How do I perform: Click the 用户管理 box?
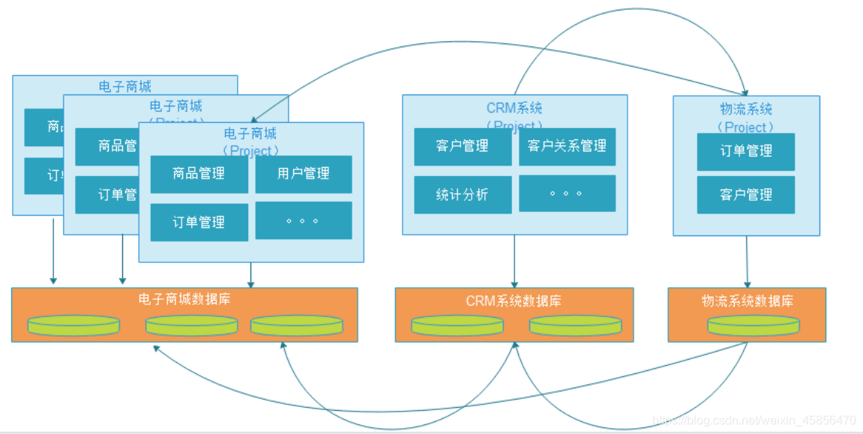click(x=303, y=174)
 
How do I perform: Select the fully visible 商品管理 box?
click(x=199, y=174)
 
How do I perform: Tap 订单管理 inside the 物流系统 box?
click(x=745, y=151)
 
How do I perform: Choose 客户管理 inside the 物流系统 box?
click(x=745, y=195)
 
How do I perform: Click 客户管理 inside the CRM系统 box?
click(x=463, y=146)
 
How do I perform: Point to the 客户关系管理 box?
click(x=567, y=146)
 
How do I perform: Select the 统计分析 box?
click(x=463, y=195)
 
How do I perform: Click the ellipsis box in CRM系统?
click(x=567, y=193)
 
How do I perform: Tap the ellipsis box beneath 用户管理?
click(x=303, y=220)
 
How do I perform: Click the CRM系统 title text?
click(x=514, y=109)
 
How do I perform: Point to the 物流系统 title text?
click(x=745, y=110)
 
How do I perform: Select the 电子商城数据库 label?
click(x=184, y=299)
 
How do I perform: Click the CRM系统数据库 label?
click(x=514, y=301)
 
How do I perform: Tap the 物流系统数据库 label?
click(x=747, y=301)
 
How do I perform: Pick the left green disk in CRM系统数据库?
click(x=457, y=325)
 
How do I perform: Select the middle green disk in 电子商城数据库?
click(x=191, y=325)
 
